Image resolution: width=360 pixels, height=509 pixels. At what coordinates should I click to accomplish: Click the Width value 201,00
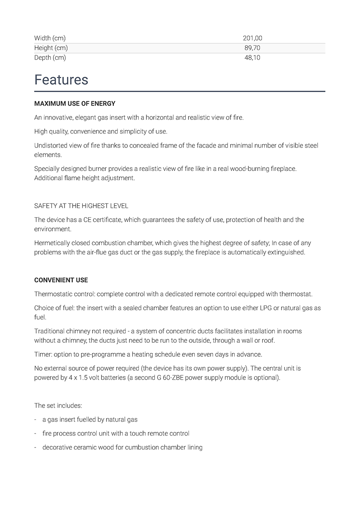252,38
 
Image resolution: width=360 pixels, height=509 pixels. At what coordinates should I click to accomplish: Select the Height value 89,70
252,48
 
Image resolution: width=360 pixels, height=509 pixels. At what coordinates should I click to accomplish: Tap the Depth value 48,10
252,58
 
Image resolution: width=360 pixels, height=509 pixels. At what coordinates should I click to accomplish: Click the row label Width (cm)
50,38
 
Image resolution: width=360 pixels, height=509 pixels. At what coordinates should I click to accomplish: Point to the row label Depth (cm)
50,58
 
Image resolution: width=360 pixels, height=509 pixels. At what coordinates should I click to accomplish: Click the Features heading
61,80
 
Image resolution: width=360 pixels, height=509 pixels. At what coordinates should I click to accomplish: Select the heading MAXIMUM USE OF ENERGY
75,103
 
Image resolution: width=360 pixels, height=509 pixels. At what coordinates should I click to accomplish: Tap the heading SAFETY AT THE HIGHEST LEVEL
81,206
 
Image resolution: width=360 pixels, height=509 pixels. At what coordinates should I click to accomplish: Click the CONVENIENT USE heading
61,280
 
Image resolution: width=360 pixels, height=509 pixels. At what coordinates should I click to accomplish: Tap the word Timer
42,354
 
